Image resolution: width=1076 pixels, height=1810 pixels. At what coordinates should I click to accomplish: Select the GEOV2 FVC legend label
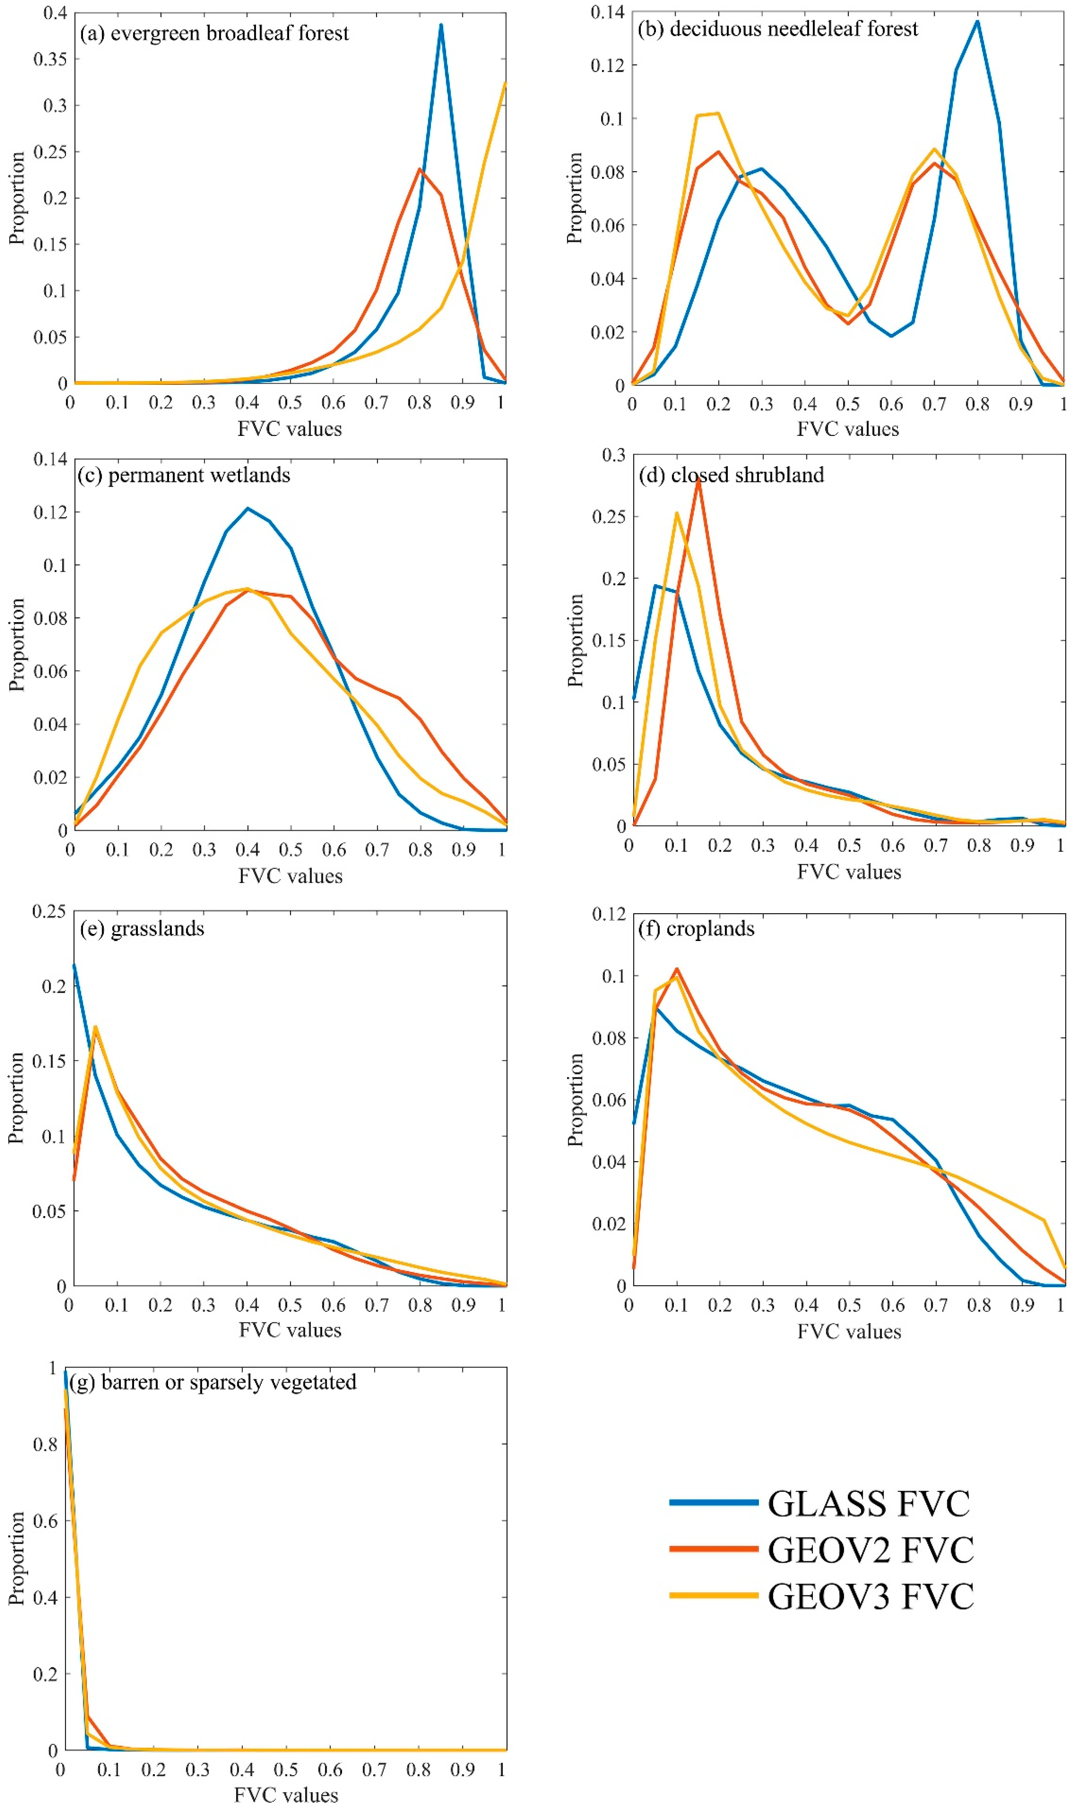pos(870,1550)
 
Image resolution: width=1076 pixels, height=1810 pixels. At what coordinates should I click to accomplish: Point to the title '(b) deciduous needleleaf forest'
pos(777,29)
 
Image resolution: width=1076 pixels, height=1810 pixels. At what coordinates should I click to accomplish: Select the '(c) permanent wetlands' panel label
pos(184,475)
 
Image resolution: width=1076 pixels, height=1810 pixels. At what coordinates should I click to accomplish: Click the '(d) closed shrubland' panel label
pos(731,475)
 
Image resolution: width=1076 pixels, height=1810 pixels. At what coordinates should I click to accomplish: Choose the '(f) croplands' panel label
pos(696,929)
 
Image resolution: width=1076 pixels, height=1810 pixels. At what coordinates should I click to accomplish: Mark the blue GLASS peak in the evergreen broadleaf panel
pos(441,25)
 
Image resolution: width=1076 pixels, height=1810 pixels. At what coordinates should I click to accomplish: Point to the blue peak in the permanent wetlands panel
pos(248,509)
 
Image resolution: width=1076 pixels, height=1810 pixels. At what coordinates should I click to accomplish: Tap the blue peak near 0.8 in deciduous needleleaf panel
pos(977,21)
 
